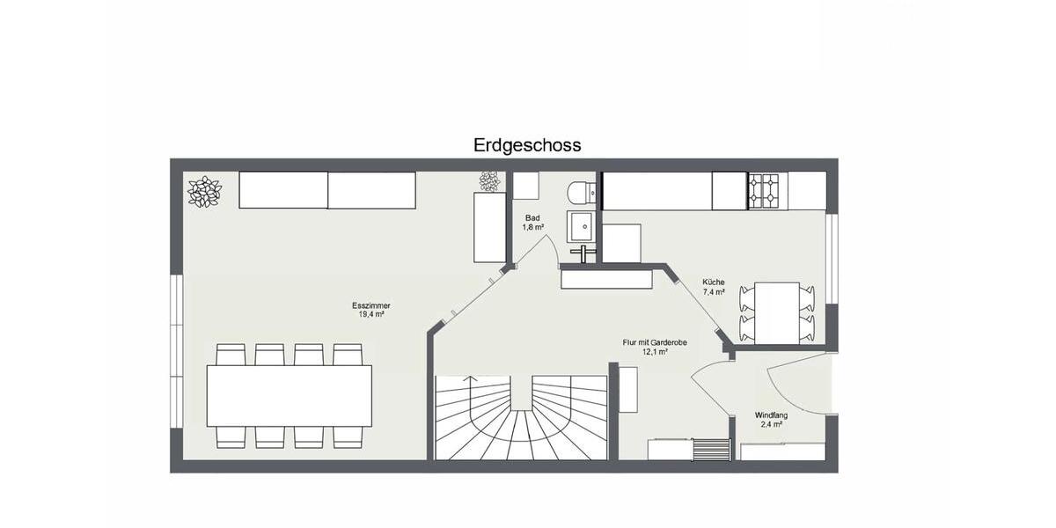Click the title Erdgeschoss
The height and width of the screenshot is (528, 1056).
pos(527,145)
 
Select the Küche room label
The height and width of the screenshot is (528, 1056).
pos(713,282)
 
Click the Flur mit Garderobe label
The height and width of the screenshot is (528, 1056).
pos(655,342)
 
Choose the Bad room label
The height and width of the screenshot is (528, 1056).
pos(532,217)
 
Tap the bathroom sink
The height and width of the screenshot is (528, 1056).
pos(582,229)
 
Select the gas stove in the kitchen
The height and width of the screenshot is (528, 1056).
pos(763,190)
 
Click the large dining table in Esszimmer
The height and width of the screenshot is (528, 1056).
pos(289,395)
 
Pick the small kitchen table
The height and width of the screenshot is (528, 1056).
pos(777,312)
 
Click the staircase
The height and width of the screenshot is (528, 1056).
pos(521,416)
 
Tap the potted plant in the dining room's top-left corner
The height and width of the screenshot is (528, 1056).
pos(204,191)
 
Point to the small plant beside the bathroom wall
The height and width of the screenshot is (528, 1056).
pos(488,181)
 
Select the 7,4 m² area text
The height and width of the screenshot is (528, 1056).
pos(713,291)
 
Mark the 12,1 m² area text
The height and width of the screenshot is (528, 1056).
pos(655,351)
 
